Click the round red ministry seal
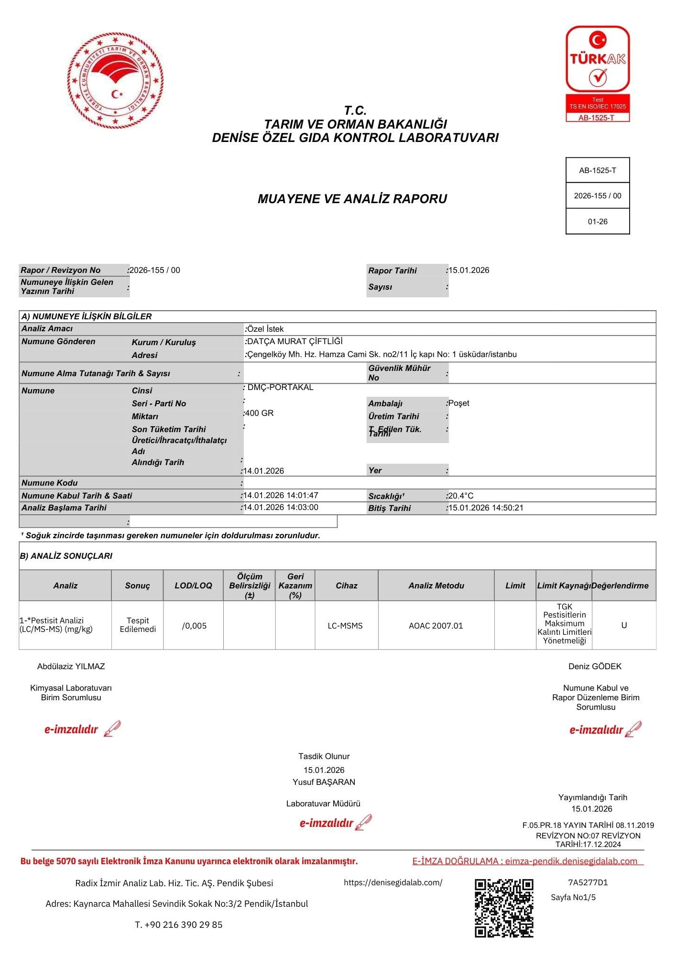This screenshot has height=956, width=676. coord(115,80)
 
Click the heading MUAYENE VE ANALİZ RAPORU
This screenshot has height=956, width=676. coord(352,199)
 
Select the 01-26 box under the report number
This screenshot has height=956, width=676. coord(598,222)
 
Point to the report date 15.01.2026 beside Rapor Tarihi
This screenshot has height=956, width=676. coord(469,270)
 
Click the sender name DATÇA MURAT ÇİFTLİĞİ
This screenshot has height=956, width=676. coord(294,341)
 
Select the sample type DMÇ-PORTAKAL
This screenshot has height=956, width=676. coord(280,387)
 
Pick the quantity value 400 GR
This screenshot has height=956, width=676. coord(260,413)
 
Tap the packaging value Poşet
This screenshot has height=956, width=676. coord(459,403)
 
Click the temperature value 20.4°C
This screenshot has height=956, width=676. coord(461,496)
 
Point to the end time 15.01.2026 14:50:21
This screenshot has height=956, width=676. coord(486,508)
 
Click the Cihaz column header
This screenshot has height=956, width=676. coord(347,586)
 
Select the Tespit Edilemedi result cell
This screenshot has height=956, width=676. coord(138,625)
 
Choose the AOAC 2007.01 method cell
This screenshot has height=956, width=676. coord(436,626)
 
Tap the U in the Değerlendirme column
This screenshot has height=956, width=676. coord(624,625)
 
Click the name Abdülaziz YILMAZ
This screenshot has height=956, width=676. coord(71,666)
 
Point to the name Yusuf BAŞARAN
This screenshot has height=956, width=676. coord(324,782)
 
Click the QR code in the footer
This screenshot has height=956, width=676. coord(504,908)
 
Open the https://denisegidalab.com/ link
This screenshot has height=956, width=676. coord(393,882)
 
